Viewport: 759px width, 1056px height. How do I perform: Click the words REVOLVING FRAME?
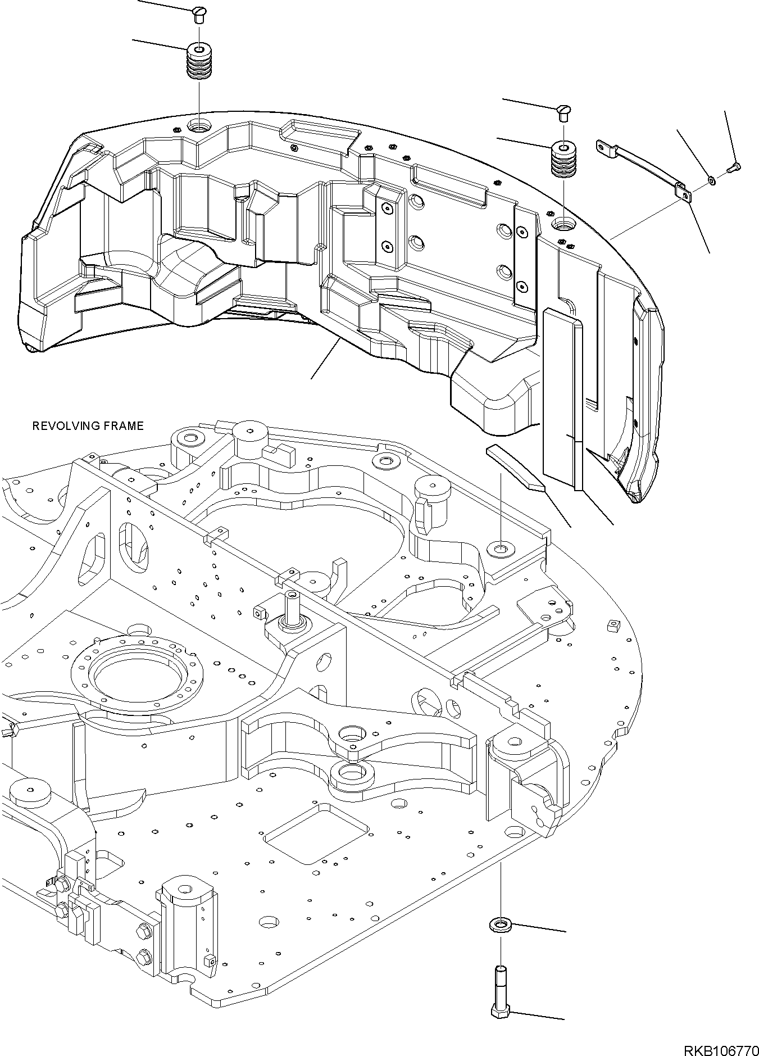pos(88,426)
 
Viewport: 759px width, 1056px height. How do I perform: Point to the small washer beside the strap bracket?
pos(712,180)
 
